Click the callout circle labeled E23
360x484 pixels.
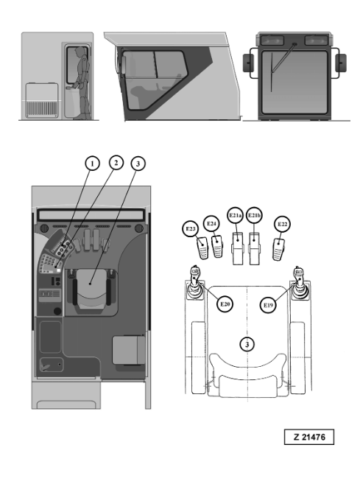pos(191,229)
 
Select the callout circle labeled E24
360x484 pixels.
pos(211,223)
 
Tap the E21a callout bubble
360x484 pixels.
pos(236,215)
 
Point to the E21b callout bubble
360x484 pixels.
pos(254,215)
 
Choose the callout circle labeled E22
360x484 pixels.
pos(283,224)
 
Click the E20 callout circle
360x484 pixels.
pos(225,304)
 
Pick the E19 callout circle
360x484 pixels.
pos(268,305)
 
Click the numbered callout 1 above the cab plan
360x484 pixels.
pos(92,164)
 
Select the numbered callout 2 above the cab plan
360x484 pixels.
pos(116,163)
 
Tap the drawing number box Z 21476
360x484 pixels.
pos(309,437)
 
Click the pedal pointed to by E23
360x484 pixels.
pos(203,248)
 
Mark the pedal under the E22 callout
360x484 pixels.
pos(278,250)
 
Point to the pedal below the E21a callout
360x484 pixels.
pos(238,248)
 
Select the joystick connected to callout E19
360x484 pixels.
pos(299,283)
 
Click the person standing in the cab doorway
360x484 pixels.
pos(82,83)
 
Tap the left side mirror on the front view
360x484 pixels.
pos(248,63)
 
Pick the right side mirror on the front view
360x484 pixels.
pos(341,63)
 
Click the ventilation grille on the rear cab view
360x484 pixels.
pos(42,109)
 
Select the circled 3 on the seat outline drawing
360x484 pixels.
pos(247,344)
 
